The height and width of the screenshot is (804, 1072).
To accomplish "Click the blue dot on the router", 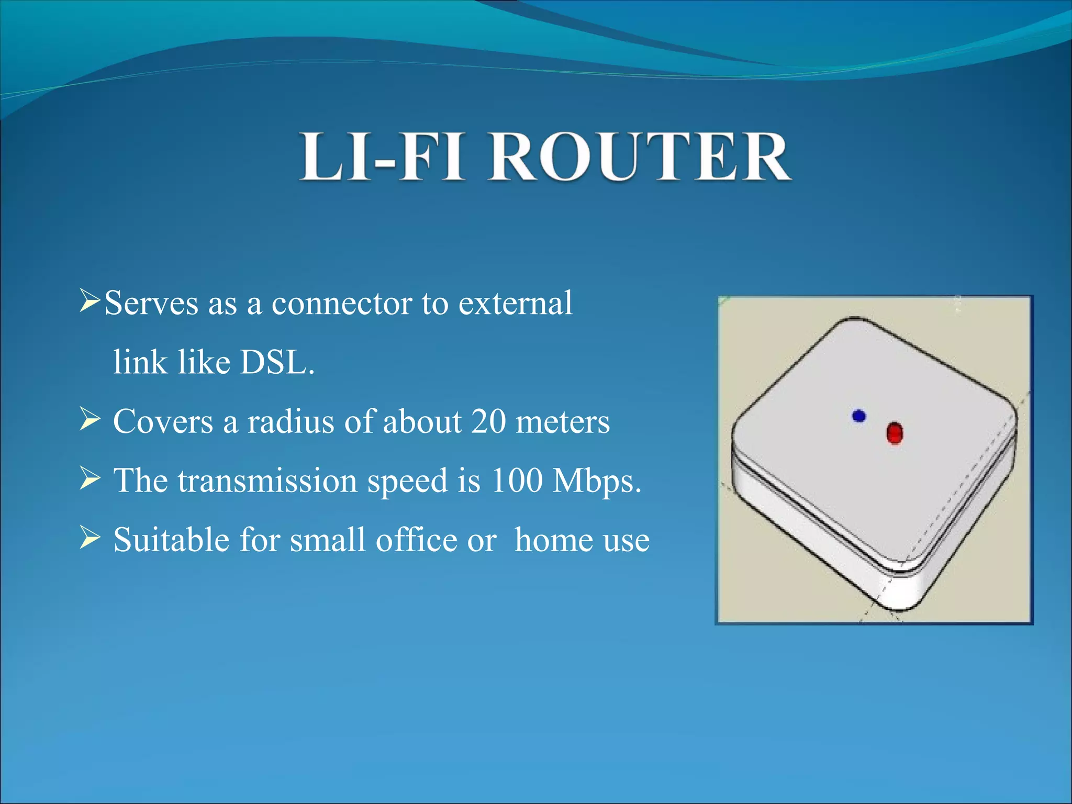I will point(858,416).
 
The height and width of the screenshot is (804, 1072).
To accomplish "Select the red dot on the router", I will point(895,433).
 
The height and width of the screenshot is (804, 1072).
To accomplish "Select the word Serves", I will point(151,304).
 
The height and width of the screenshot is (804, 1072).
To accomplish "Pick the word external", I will point(515,304).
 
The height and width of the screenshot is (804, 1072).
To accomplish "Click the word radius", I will point(291,421).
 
